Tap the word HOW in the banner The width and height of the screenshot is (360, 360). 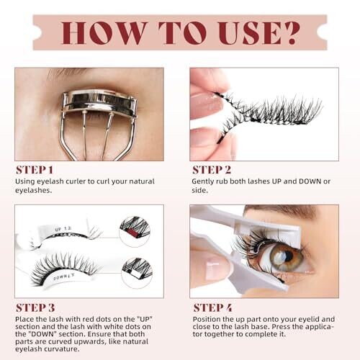tap(104, 33)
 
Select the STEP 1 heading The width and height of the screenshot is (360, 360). tap(35, 170)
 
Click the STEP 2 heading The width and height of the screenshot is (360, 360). tap(212, 170)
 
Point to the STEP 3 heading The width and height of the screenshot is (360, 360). tap(35, 307)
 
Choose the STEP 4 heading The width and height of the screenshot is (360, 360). tap(213, 307)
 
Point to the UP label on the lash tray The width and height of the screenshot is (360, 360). tap(58, 230)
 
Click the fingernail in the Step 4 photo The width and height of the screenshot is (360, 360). tap(214, 271)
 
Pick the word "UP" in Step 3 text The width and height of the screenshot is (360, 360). tap(145, 319)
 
